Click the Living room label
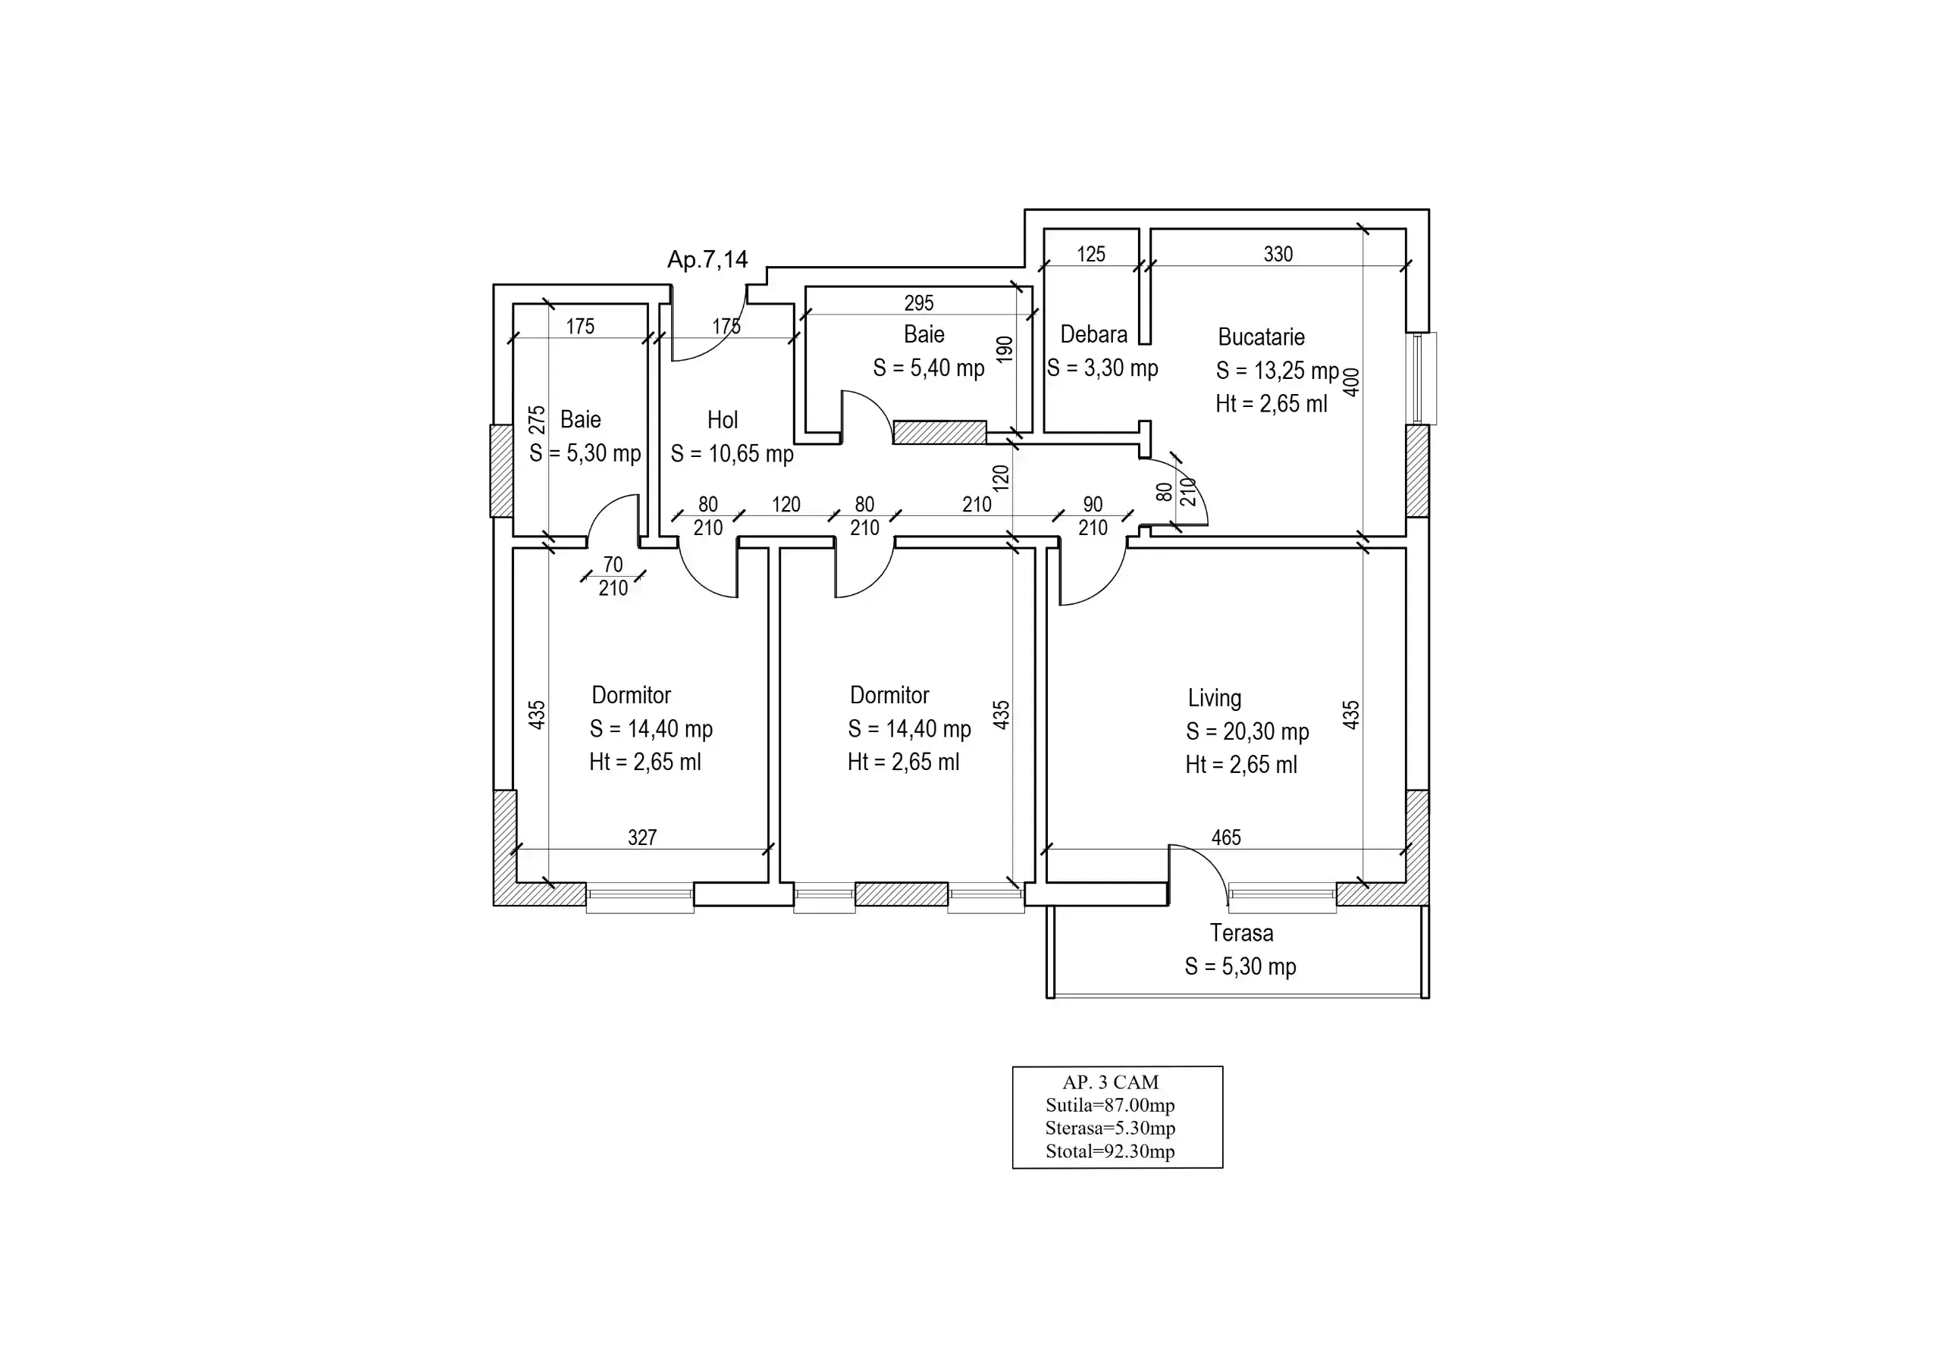[x=1215, y=698]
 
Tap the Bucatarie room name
[x=1262, y=337]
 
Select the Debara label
[x=1094, y=335]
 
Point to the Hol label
[x=723, y=420]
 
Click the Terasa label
[x=1241, y=933]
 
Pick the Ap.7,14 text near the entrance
[x=707, y=259]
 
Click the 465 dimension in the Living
[x=1226, y=837]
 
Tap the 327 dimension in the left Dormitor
[x=642, y=837]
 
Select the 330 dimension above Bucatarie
[x=1278, y=255]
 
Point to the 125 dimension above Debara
[x=1091, y=255]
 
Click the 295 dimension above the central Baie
[x=919, y=303]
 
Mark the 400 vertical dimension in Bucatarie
[x=1352, y=382]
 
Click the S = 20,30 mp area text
[x=1248, y=732]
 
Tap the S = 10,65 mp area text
[x=732, y=454]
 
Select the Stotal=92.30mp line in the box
[x=1110, y=1151]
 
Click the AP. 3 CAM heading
[x=1111, y=1082]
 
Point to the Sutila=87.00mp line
[x=1110, y=1105]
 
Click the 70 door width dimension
[x=613, y=565]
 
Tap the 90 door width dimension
[x=1093, y=505]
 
